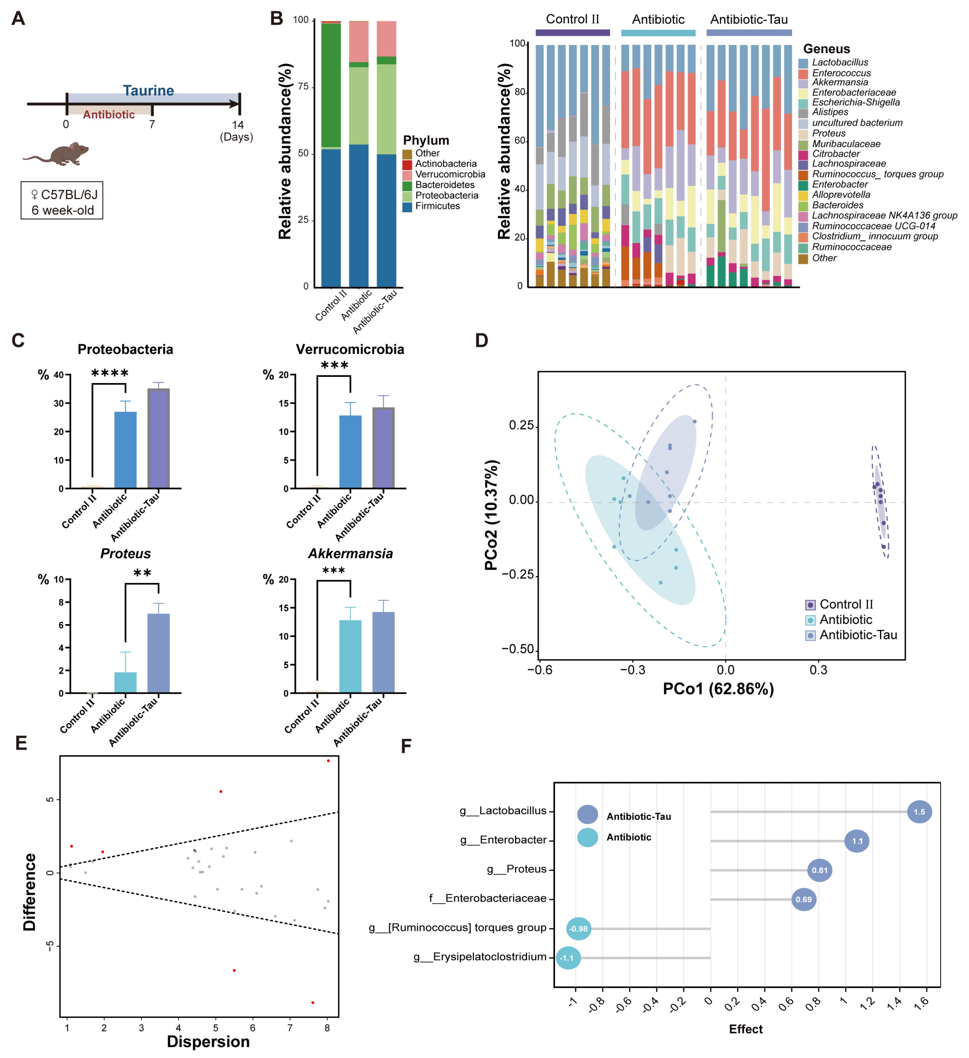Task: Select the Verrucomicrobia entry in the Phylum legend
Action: [450, 174]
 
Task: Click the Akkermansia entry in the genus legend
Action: [839, 82]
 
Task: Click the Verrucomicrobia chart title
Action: [350, 350]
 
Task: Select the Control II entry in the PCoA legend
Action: [846, 604]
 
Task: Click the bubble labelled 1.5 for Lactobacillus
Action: [919, 812]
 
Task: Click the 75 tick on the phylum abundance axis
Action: [303, 87]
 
